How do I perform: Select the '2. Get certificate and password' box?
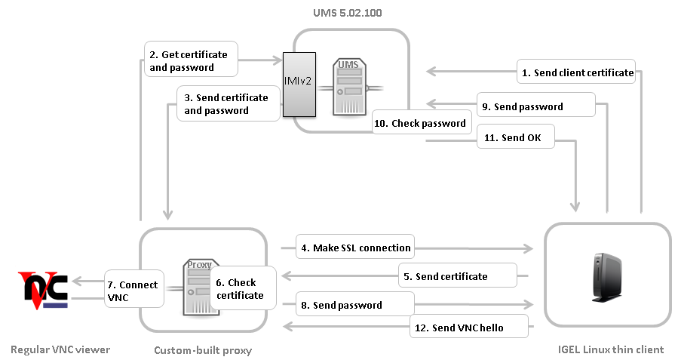(191, 60)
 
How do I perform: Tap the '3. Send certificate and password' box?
(224, 103)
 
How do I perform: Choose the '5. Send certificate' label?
(457, 276)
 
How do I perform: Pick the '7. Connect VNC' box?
(133, 290)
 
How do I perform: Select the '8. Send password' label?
(355, 305)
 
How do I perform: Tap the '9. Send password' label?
(535, 106)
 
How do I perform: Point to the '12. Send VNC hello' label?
(468, 328)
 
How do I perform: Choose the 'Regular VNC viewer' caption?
(60, 349)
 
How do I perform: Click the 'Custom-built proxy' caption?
(203, 350)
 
